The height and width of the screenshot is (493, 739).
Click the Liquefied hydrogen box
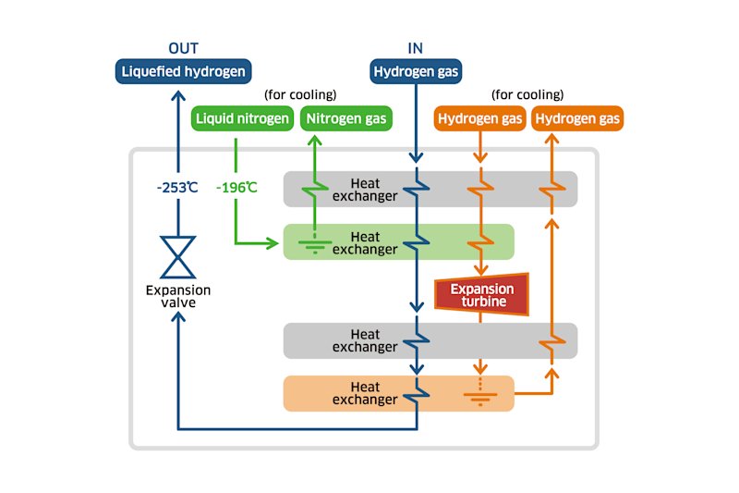point(184,71)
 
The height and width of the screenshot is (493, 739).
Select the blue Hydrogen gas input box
point(416,71)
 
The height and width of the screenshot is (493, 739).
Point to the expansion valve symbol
point(178,256)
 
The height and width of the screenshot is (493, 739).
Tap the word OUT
point(183,48)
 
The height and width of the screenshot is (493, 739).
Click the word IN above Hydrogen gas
point(416,48)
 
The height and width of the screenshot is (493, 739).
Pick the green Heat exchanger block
point(397,242)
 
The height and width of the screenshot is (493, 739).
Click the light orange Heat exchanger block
point(397,393)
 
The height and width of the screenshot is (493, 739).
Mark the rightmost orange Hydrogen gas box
point(578,118)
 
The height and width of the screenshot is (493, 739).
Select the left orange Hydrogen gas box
point(480,118)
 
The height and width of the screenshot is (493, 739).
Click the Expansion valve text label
point(178,296)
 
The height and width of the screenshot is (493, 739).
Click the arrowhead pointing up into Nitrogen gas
point(314,141)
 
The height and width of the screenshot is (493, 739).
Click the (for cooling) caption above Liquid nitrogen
point(300,94)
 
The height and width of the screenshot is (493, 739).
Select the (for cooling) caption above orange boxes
point(527,94)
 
